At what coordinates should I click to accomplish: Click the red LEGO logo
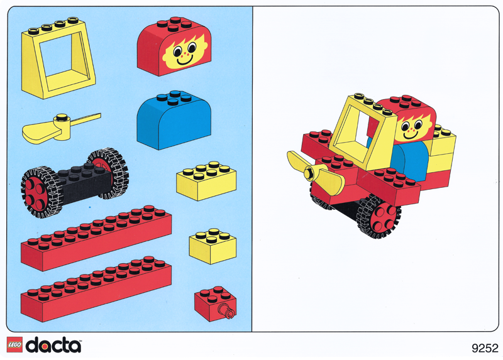(14, 345)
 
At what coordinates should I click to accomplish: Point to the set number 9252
(484, 347)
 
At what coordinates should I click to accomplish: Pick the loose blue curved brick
(172, 121)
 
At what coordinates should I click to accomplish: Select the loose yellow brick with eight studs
(206, 182)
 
